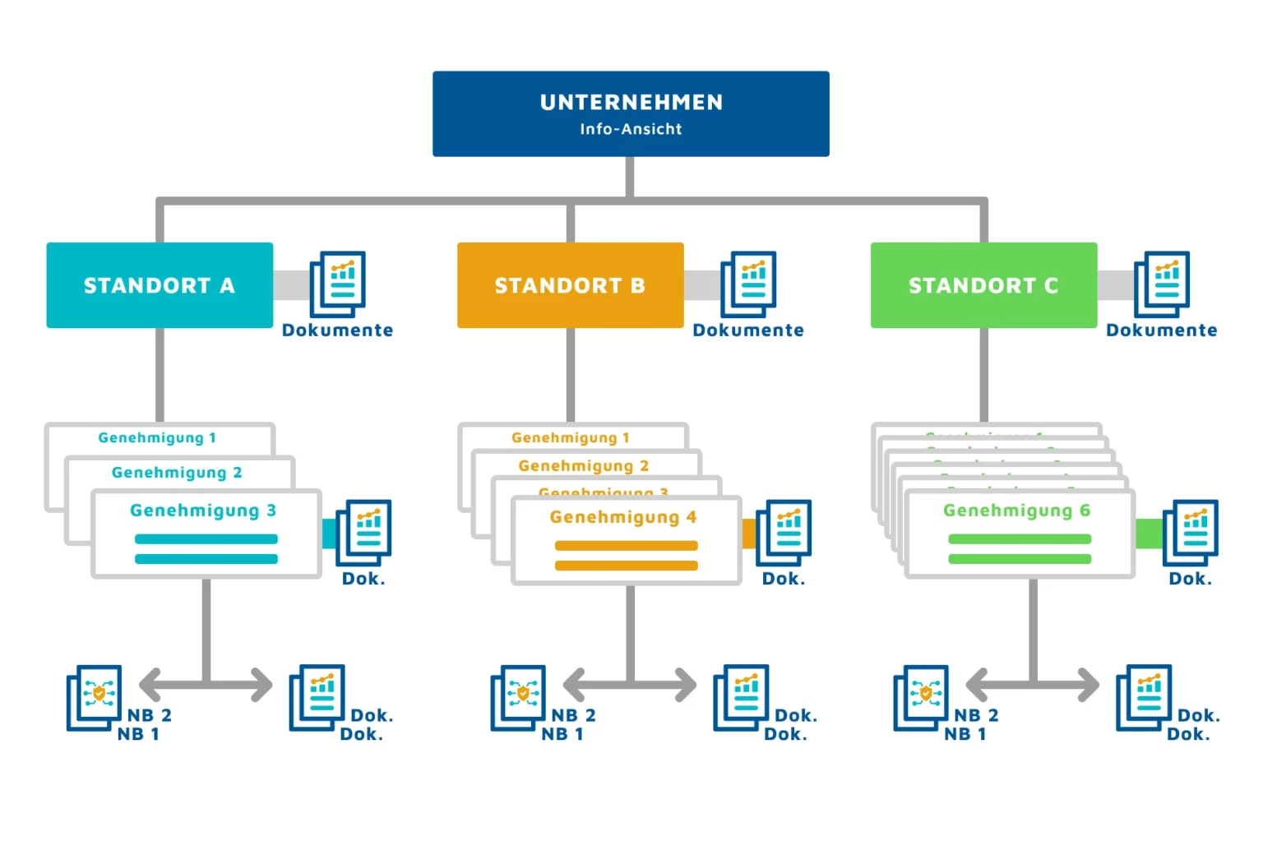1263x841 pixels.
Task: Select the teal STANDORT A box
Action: [160, 285]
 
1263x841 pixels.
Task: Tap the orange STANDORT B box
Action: [570, 285]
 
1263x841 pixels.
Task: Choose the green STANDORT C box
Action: [983, 285]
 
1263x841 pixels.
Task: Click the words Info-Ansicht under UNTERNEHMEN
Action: [631, 129]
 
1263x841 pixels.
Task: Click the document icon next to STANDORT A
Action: [338, 284]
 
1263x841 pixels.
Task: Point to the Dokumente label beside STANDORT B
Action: [748, 330]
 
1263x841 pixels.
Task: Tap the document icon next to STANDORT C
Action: [1162, 284]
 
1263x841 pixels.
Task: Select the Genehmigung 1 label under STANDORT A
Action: [157, 438]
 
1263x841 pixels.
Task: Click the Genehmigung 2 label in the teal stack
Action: [177, 473]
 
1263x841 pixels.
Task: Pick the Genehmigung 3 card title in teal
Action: [203, 511]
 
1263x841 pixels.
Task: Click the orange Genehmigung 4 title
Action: [623, 517]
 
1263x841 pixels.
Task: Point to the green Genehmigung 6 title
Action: [1017, 511]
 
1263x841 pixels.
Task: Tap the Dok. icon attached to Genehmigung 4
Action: [784, 532]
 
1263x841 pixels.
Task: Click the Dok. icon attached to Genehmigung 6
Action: [1190, 532]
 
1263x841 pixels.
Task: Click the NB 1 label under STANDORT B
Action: [562, 734]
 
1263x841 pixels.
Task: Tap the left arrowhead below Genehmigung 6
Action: [978, 684]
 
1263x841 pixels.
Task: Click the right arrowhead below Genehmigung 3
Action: [260, 684]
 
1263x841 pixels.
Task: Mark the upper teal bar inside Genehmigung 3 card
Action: [206, 539]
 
